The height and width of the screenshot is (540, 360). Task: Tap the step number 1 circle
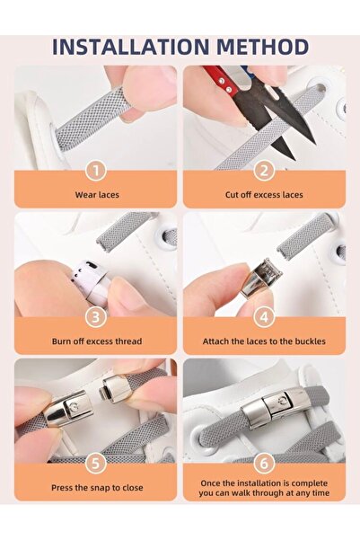[x=96, y=170]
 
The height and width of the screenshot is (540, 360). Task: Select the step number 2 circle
[x=263, y=170]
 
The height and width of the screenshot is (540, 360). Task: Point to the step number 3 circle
[x=96, y=316]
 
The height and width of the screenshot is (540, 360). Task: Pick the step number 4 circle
[x=263, y=316]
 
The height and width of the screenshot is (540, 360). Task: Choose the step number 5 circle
[x=96, y=462]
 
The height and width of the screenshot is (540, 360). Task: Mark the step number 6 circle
[x=263, y=462]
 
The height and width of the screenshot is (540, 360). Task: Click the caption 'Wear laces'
[x=96, y=194]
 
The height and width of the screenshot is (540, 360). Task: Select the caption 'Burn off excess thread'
[x=96, y=341]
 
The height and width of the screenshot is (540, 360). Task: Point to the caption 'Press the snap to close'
[x=96, y=487]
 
